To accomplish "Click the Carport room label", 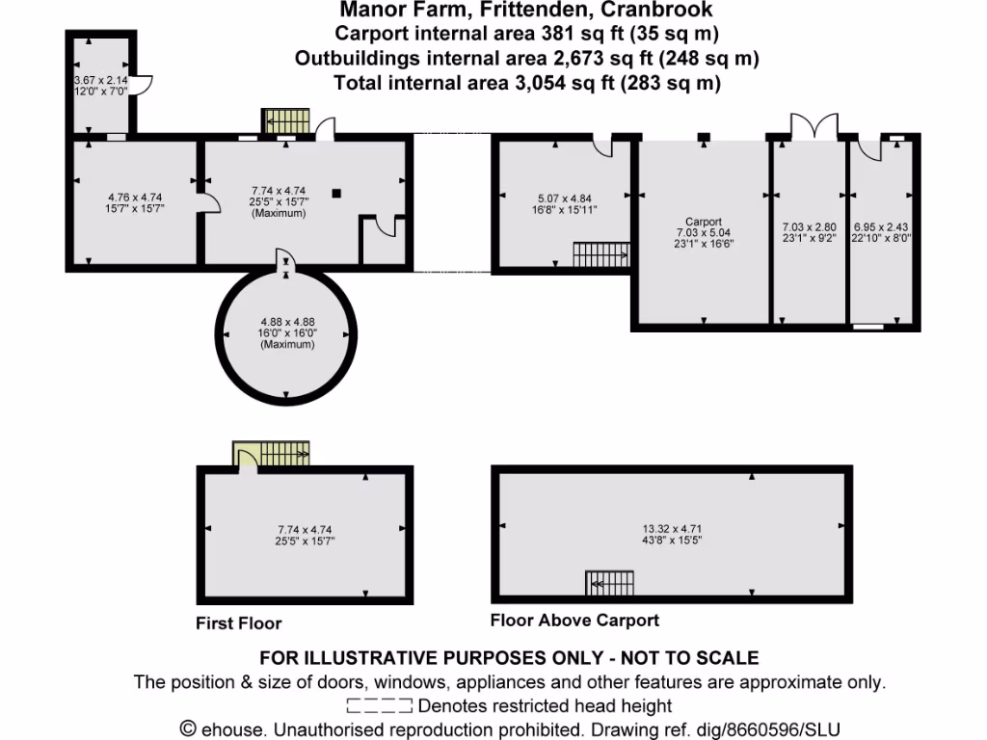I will tap(704, 221).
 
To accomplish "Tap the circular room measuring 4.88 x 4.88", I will tap(287, 332).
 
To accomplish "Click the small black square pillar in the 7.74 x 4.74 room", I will tap(335, 194).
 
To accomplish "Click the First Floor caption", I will tap(238, 623).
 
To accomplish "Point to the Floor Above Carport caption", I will tap(574, 621).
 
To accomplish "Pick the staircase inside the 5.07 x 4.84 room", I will tap(600, 254).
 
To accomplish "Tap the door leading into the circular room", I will tap(286, 259).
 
